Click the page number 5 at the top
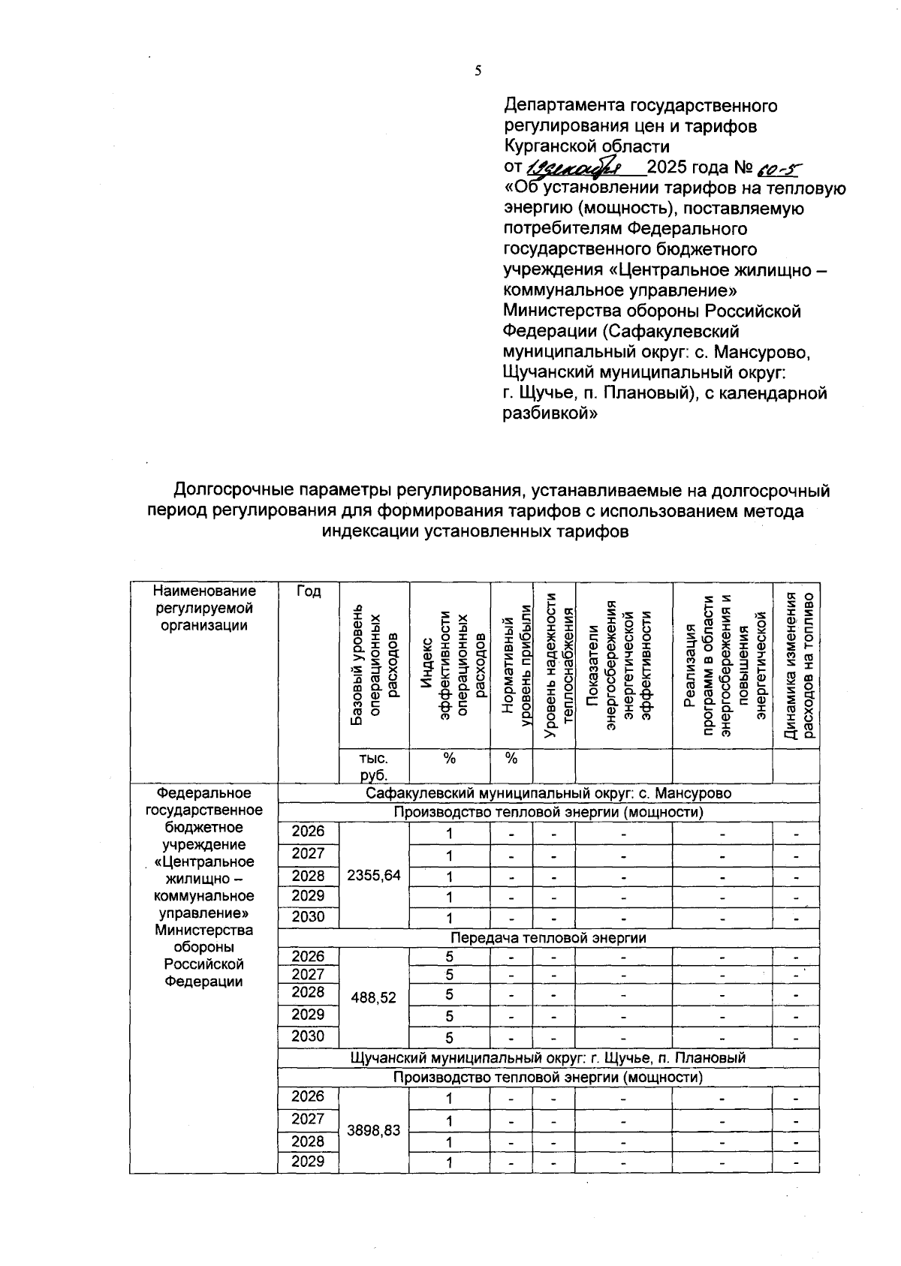pyautogui.click(x=478, y=71)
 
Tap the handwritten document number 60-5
pyautogui.click(x=776, y=169)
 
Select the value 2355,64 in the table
pyautogui.click(x=373, y=875)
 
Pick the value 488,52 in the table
pyautogui.click(x=373, y=998)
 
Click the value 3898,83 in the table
pyautogui.click(x=373, y=1130)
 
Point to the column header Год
pyautogui.click(x=308, y=592)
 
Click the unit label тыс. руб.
pyautogui.click(x=373, y=765)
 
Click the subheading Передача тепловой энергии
pyautogui.click(x=548, y=938)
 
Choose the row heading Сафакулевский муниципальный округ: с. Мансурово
pyautogui.click(x=548, y=793)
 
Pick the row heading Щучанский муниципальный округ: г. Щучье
pyautogui.click(x=548, y=1058)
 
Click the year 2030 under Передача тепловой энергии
pyautogui.click(x=308, y=1036)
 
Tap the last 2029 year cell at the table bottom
pyautogui.click(x=308, y=1162)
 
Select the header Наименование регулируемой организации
pyautogui.click(x=203, y=608)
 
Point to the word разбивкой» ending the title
pyautogui.click(x=549, y=413)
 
